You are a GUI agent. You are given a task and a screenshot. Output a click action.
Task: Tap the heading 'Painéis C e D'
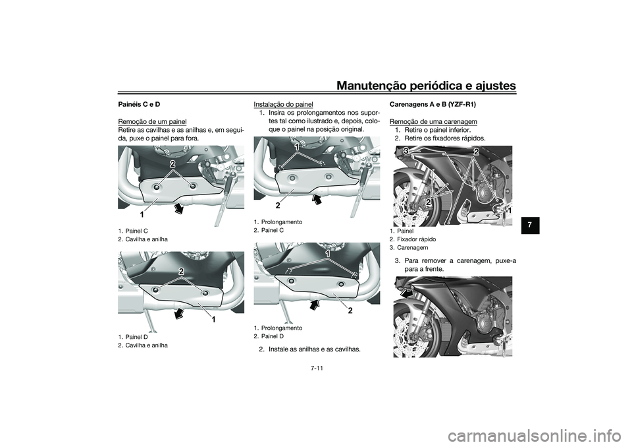coord(139,104)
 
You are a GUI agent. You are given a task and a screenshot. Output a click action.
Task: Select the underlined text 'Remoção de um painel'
coord(152,121)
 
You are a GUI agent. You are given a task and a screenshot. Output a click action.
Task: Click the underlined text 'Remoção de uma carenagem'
coord(433,121)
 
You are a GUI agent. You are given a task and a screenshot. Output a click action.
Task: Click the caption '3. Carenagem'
coord(410,247)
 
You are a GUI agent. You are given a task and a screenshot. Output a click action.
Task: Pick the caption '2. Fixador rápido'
coord(413,239)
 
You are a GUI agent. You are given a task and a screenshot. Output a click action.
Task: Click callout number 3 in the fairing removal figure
coord(406,152)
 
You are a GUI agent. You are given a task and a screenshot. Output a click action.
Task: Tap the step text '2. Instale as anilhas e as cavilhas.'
coord(309,349)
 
